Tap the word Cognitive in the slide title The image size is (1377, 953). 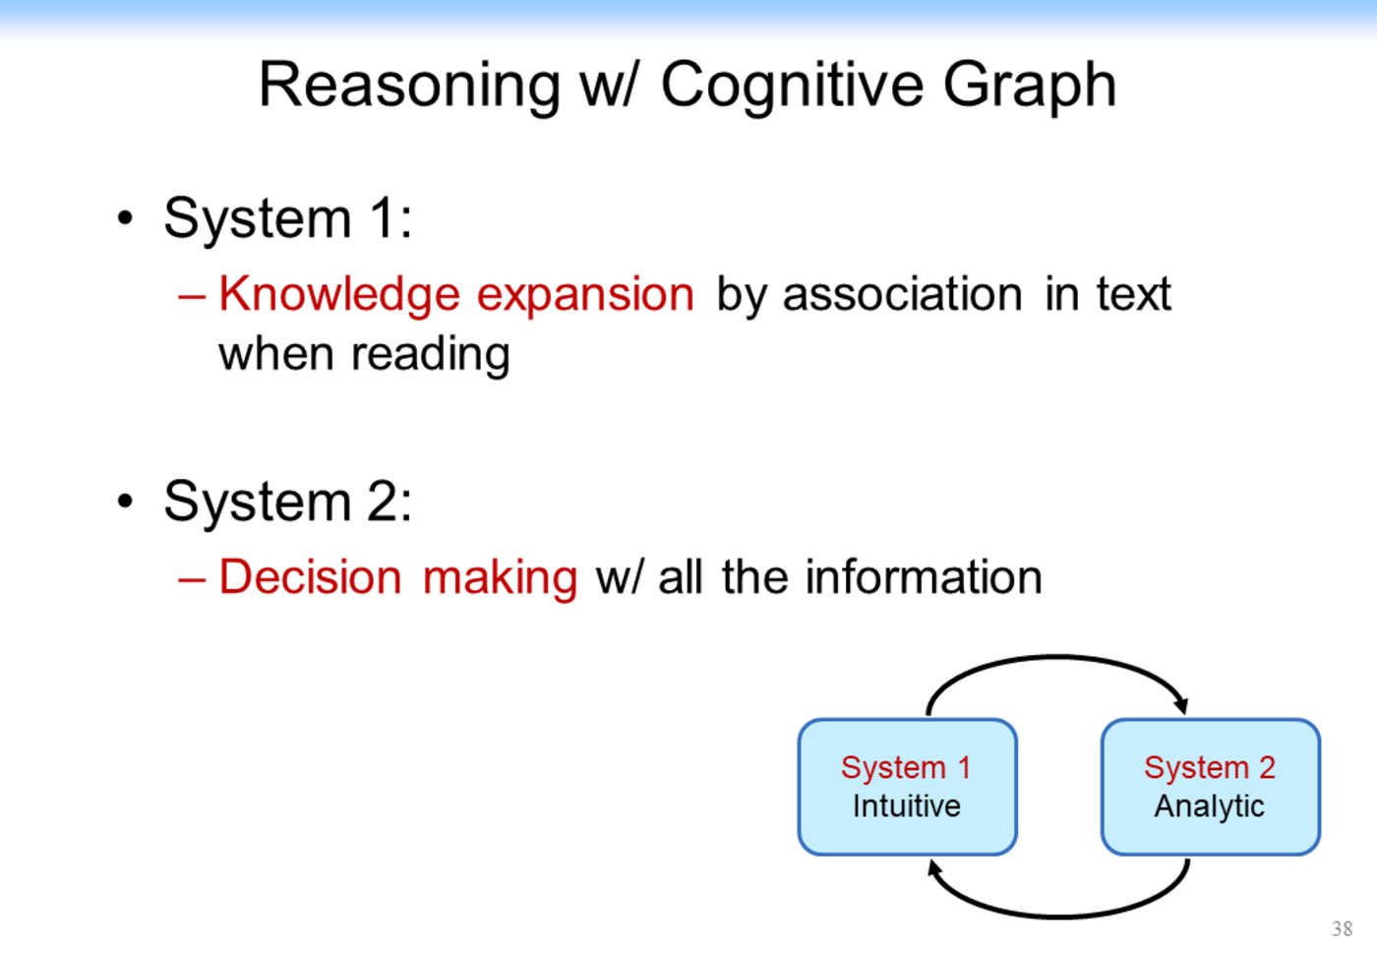pyautogui.click(x=793, y=86)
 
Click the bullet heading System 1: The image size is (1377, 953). pyautogui.click(x=287, y=217)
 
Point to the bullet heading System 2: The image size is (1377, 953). pyautogui.click(x=287, y=501)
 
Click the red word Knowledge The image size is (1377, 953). pyautogui.click(x=339, y=294)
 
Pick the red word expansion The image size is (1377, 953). pyautogui.click(x=585, y=294)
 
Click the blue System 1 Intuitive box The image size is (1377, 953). pyautogui.click(x=907, y=787)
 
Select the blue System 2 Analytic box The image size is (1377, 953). pyautogui.click(x=1210, y=787)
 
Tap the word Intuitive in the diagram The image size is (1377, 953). pyautogui.click(x=907, y=806)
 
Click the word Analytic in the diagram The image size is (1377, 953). pyautogui.click(x=1210, y=806)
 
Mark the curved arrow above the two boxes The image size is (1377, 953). pyautogui.click(x=1058, y=660)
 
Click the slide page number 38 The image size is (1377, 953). pyautogui.click(x=1342, y=928)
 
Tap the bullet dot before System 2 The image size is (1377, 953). pyautogui.click(x=124, y=502)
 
